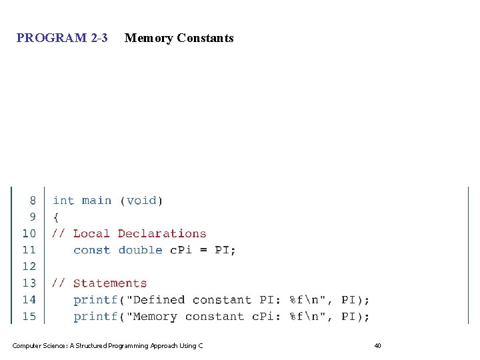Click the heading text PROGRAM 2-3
point(62,38)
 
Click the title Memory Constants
point(179,38)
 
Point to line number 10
point(29,233)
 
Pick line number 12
point(29,267)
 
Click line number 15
point(29,317)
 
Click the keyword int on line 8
point(63,201)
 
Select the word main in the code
point(97,201)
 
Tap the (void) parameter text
point(141,201)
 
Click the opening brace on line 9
point(56,217)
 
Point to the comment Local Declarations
point(139,233)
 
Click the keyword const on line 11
point(92,250)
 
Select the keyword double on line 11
point(141,250)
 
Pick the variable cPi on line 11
point(181,250)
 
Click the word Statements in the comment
point(110,283)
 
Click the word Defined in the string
point(159,300)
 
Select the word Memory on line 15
point(155,317)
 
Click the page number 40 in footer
point(377,345)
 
